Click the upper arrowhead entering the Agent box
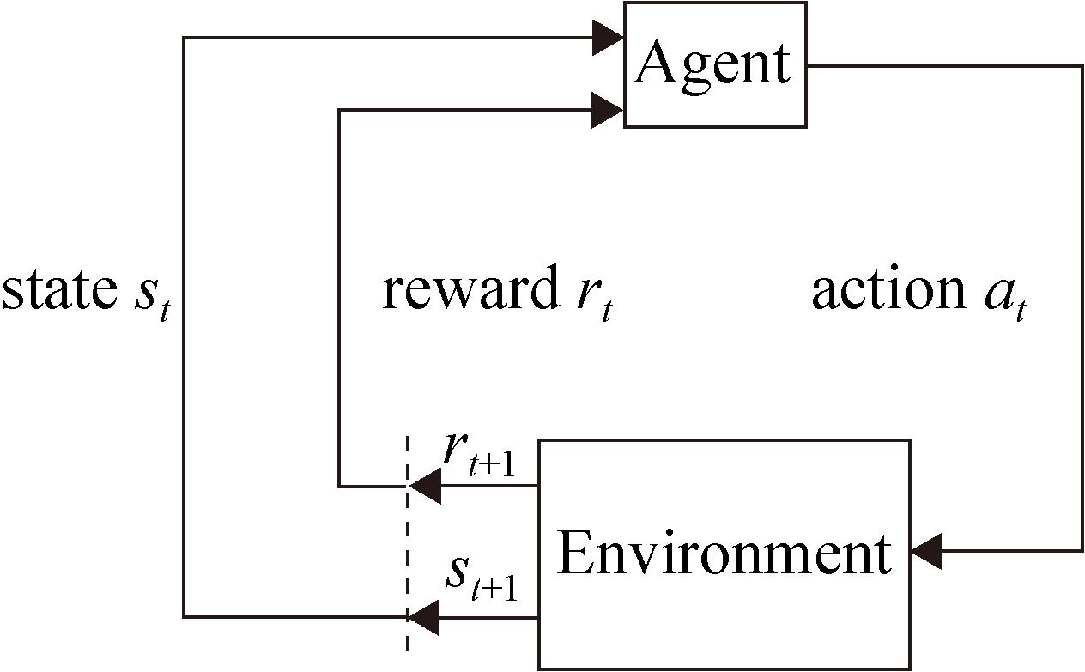coord(607,38)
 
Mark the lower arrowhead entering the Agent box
coord(607,110)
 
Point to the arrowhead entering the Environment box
coord(927,550)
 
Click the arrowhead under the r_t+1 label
coord(424,487)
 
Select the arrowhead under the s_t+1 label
coord(424,616)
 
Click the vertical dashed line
coord(407,549)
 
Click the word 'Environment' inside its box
coord(724,554)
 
